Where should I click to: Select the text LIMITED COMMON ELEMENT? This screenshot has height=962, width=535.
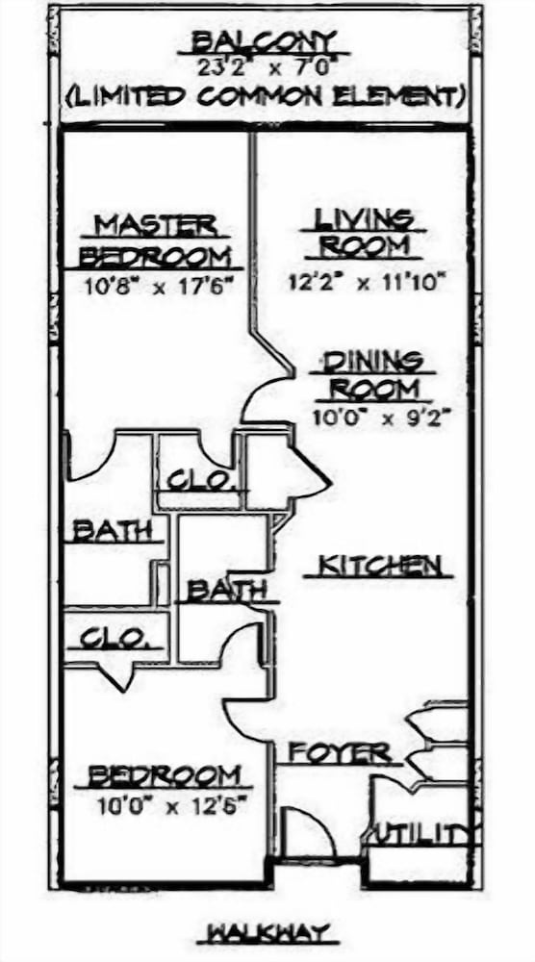click(x=265, y=96)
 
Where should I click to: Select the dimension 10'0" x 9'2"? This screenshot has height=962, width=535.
click(x=382, y=418)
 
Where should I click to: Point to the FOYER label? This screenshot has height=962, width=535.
click(x=340, y=752)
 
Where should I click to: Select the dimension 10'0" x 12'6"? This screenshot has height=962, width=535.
click(x=171, y=805)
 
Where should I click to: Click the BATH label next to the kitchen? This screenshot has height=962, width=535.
click(x=226, y=591)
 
